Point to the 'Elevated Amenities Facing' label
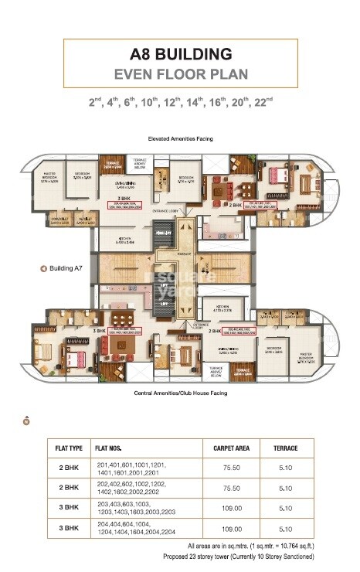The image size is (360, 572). coord(181,138)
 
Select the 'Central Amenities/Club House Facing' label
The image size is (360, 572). coord(181,393)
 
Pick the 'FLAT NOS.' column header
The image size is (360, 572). coord(110,448)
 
